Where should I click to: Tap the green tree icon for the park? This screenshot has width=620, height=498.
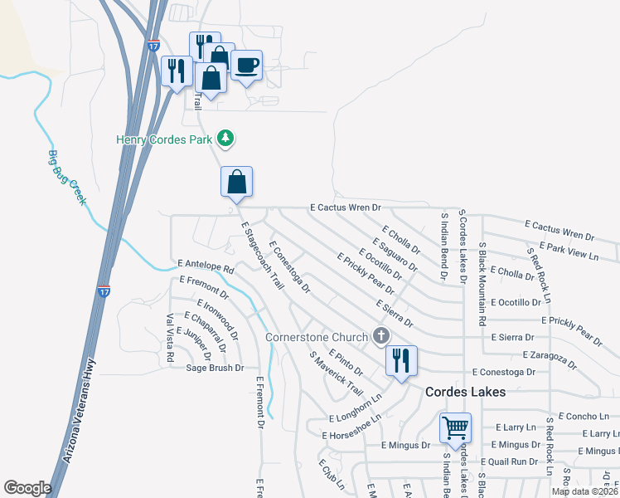click(x=225, y=137)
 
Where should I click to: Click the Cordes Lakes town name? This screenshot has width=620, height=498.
click(x=465, y=392)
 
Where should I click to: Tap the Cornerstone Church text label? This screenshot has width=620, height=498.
click(x=316, y=337)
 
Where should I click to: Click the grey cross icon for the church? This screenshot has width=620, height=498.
click(x=381, y=335)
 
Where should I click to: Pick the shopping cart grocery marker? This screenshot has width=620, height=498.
click(x=455, y=428)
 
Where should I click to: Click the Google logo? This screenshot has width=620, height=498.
click(x=27, y=488)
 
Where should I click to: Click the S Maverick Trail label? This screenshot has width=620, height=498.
click(x=337, y=373)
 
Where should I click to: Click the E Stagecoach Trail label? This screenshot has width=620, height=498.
click(x=262, y=255)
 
